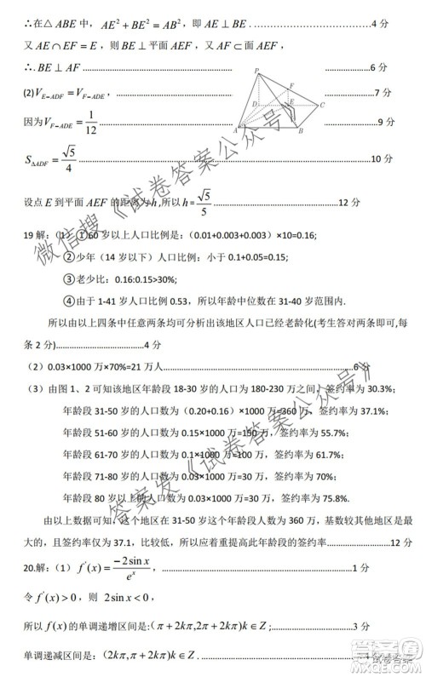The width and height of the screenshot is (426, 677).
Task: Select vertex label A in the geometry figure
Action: (235, 131)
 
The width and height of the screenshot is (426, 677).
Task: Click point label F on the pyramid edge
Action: (292, 85)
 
